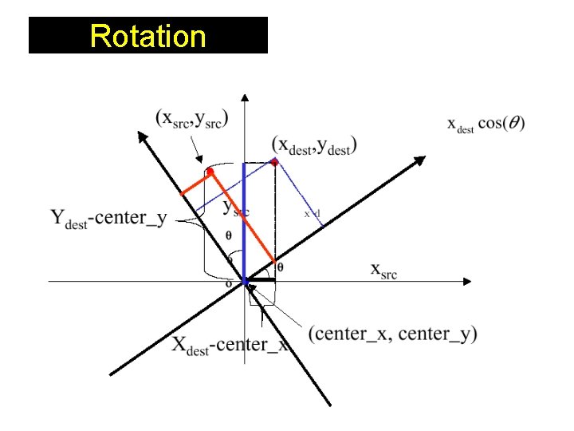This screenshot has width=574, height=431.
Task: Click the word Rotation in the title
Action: (147, 36)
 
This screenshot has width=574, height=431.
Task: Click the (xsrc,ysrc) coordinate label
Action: (192, 118)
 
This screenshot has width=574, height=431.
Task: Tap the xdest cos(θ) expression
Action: (486, 125)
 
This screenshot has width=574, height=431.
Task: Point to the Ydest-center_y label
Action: (108, 218)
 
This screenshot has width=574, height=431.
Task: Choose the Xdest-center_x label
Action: (230, 345)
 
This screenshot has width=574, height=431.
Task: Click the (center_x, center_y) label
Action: (392, 333)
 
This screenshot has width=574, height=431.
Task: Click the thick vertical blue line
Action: (245, 223)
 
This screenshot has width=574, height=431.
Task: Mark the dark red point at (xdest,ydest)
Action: (275, 162)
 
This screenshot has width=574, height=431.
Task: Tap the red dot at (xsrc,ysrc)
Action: (210, 171)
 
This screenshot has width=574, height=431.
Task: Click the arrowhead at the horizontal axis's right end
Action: (467, 281)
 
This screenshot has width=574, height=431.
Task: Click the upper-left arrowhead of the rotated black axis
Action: (142, 136)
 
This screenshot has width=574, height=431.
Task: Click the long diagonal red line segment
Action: (243, 216)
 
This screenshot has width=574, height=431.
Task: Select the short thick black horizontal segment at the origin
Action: (261, 281)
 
